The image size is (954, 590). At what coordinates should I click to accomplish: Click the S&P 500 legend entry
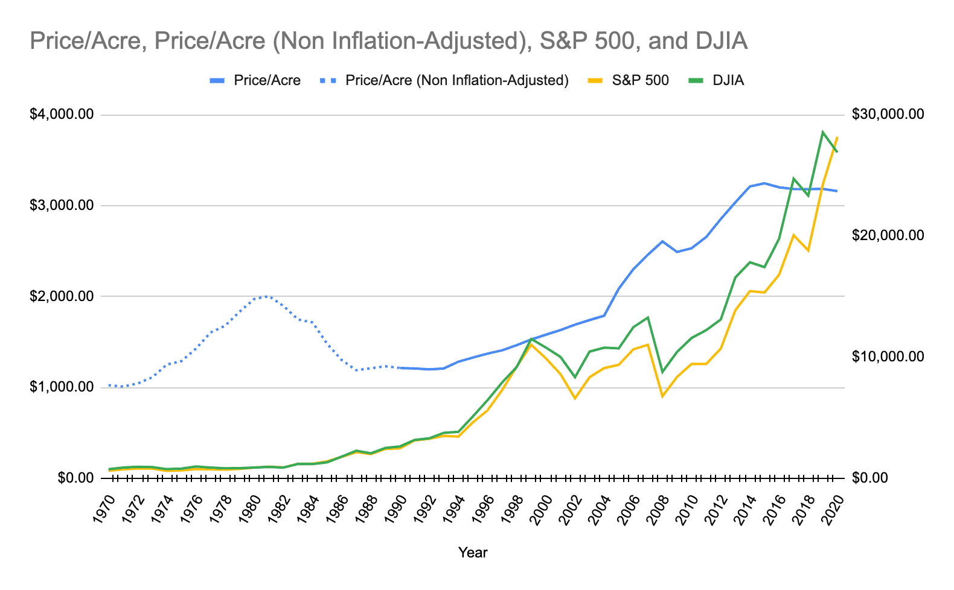pos(639,81)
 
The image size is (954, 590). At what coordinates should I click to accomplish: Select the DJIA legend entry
pos(728,81)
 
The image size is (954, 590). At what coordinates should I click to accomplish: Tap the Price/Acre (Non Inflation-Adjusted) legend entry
pos(456,81)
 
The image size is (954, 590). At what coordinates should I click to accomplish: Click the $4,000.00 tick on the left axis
pos(62,115)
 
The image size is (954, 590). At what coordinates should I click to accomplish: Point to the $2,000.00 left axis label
pos(62,296)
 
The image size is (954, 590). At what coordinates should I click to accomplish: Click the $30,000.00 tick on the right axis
pos(888,115)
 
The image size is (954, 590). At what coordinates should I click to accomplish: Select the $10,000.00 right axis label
pos(888,357)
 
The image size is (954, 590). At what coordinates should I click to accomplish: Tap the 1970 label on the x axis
pos(106,510)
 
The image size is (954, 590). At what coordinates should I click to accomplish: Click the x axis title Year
pos(472,553)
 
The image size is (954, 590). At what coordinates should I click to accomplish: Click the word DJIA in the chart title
pos(721,41)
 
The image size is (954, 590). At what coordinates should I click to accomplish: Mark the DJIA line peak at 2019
pos(822,132)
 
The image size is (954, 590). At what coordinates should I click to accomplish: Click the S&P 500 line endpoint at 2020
pos(837,138)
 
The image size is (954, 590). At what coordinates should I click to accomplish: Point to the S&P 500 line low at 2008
pos(662,396)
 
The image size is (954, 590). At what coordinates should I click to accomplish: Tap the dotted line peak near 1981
pos(267,296)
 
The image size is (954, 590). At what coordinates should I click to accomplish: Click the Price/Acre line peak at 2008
pos(662,241)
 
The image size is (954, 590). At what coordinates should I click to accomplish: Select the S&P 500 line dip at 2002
pos(575,398)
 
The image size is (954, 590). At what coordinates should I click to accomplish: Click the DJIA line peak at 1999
pos(531,339)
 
